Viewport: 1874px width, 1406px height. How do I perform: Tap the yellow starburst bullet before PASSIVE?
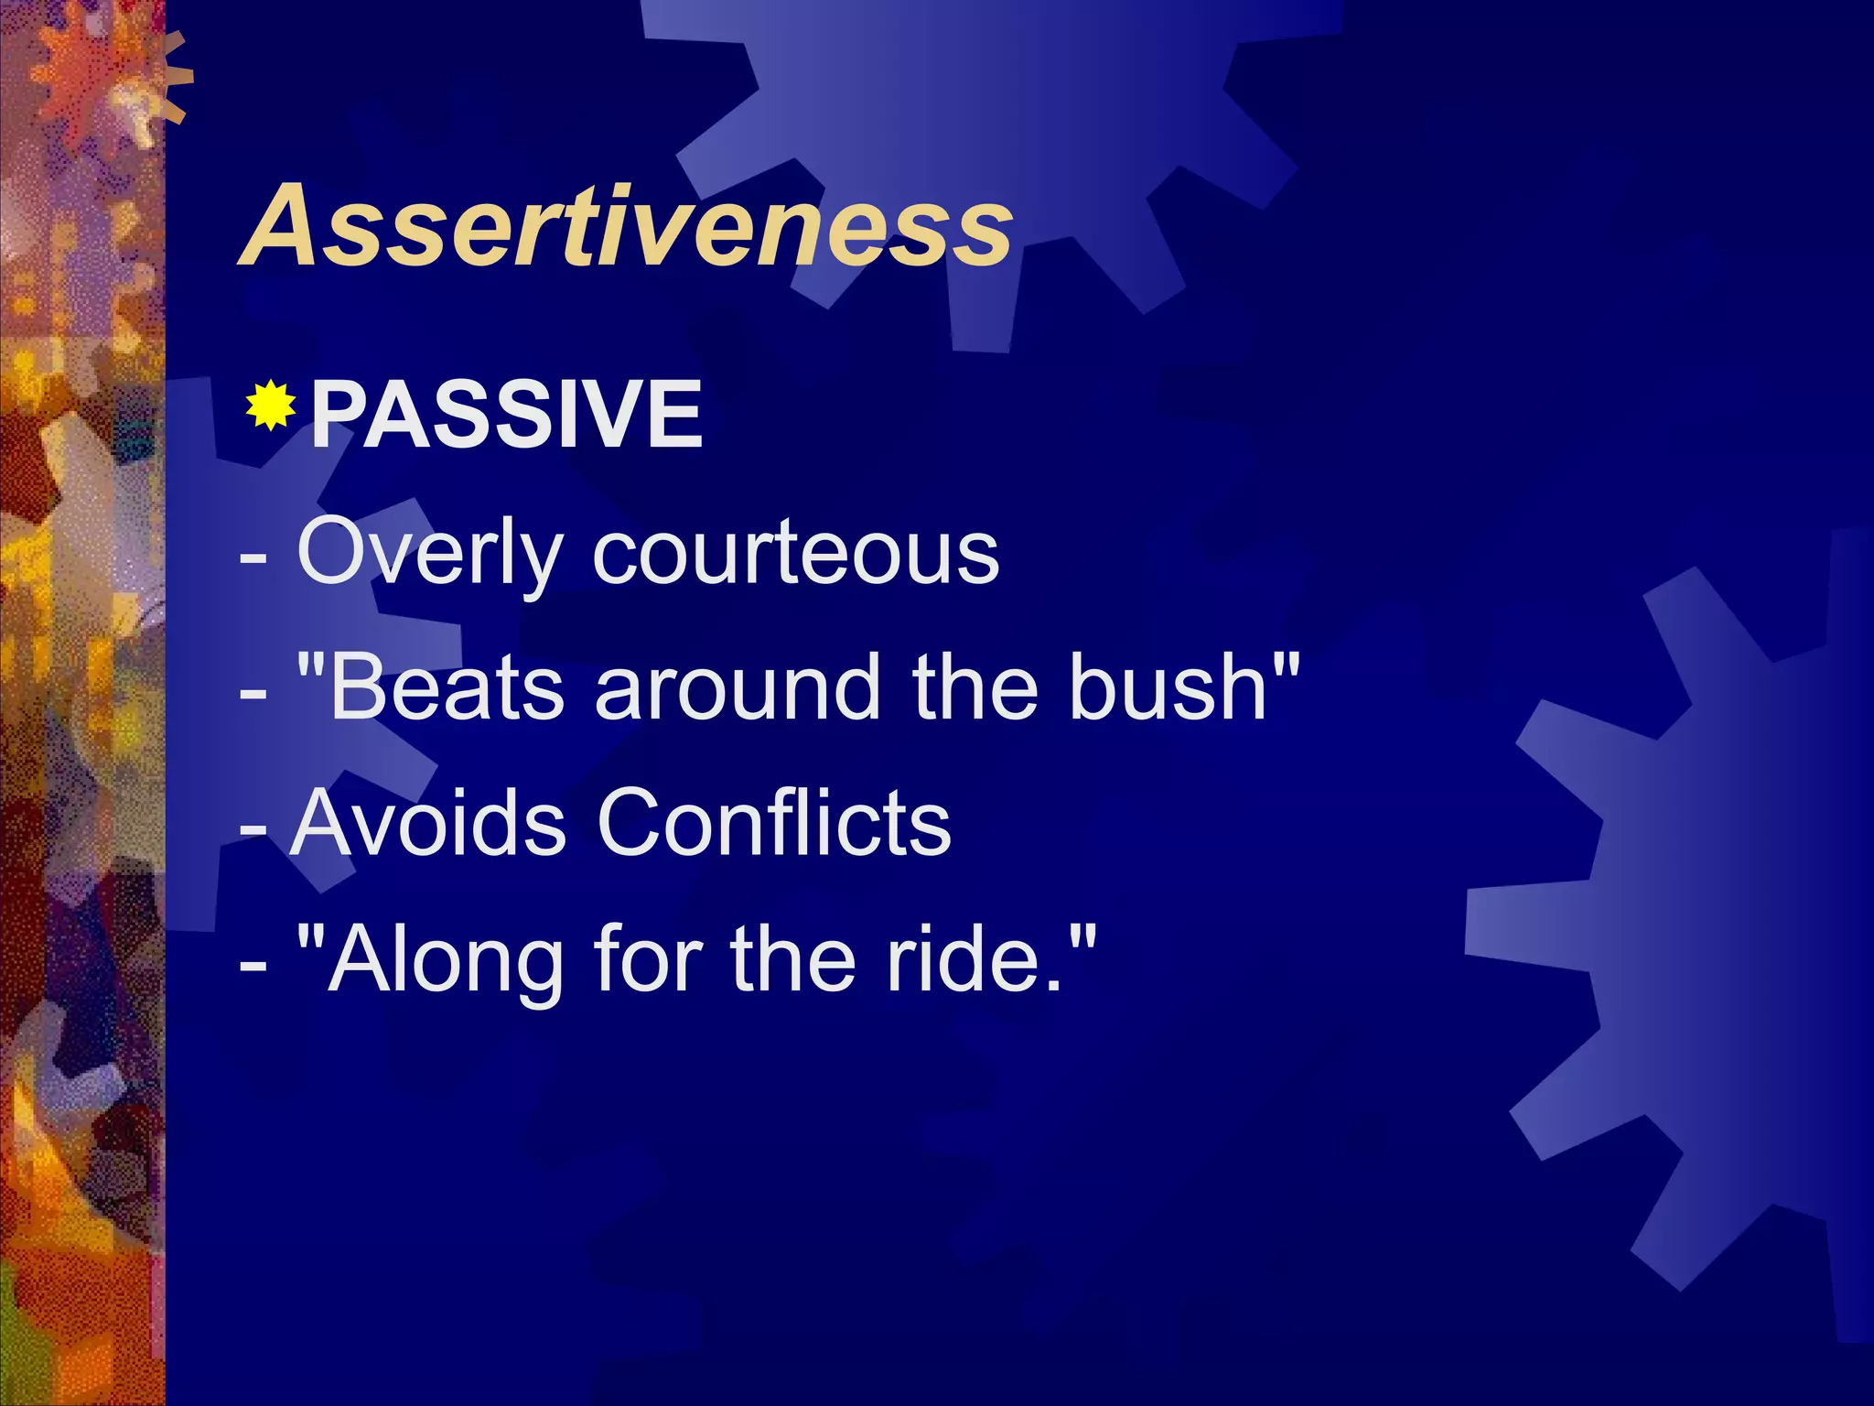[271, 406]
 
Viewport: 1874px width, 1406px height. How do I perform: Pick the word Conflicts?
[774, 823]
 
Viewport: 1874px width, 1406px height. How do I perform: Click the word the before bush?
[975, 687]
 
